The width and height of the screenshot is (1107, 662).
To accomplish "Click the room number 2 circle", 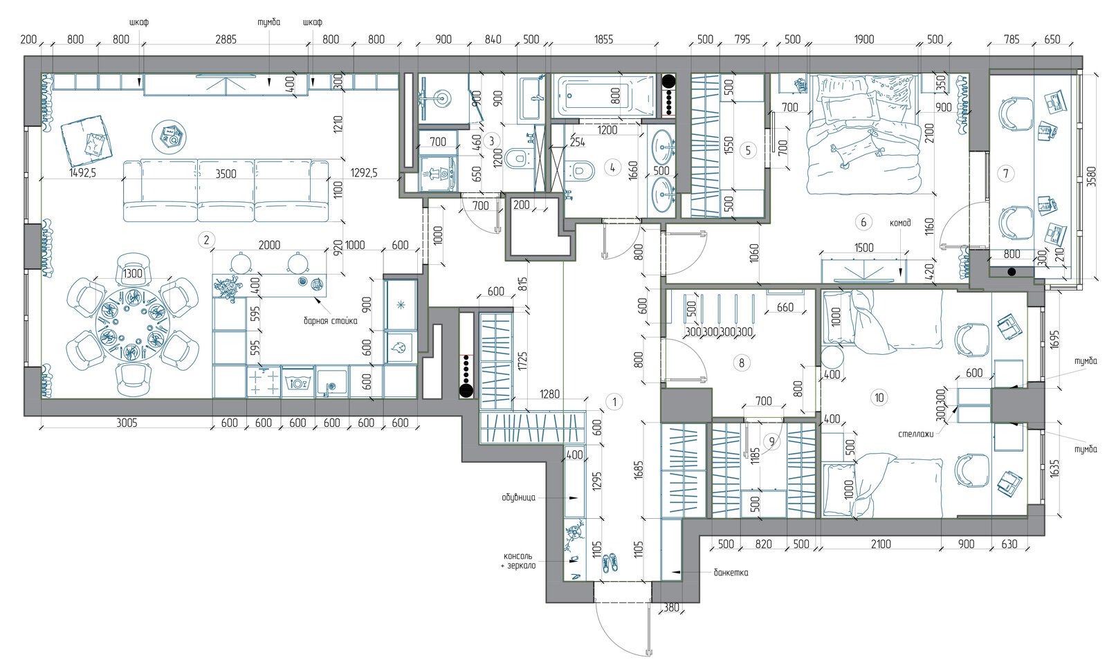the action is [207, 240].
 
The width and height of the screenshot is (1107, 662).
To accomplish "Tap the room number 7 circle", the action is [1006, 174].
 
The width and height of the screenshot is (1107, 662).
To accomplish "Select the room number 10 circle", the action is [879, 398].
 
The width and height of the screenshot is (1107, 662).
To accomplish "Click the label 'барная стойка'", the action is [330, 321].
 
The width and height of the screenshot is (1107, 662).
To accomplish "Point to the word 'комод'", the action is [900, 223].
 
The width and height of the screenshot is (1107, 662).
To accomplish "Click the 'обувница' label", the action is [518, 497].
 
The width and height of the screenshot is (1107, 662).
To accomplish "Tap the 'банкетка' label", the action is [731, 573].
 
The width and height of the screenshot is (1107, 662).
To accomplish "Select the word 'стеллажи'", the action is [916, 434].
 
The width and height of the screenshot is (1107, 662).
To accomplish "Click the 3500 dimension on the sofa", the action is [226, 174].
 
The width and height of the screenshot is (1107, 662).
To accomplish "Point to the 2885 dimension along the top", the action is [226, 39].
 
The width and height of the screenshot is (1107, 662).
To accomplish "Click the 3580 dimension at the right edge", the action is [1092, 176].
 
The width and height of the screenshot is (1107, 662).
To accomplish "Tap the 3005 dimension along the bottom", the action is [127, 423].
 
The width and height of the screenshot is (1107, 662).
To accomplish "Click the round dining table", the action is [132, 324].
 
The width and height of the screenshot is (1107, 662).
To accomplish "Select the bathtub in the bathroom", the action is [604, 96].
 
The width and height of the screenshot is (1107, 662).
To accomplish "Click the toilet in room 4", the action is [580, 170].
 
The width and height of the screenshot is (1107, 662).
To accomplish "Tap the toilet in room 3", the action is [519, 158].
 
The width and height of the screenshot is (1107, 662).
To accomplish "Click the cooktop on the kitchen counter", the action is [264, 382].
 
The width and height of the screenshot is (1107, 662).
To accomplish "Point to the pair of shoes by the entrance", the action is [610, 563].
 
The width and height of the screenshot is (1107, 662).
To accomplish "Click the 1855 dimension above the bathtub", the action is [603, 39].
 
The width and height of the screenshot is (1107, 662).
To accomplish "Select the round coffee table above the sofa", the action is [169, 137].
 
